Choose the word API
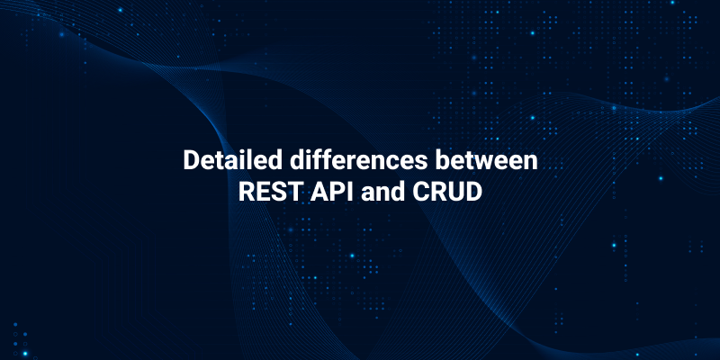[331, 192]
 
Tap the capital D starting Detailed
[191, 161]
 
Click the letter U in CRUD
[459, 192]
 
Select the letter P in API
[334, 192]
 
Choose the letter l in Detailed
[243, 161]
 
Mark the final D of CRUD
[477, 192]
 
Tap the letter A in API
[318, 192]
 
